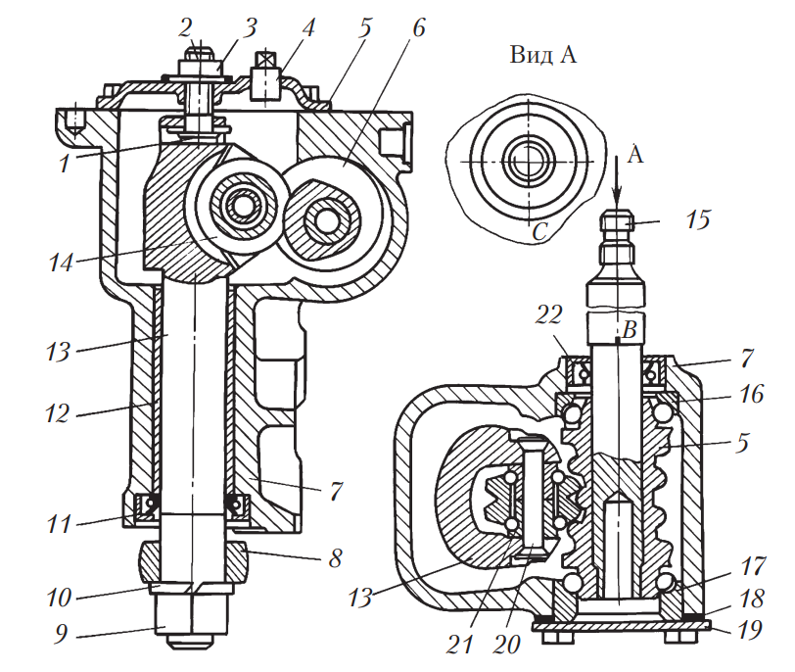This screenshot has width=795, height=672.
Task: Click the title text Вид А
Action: click(542, 54)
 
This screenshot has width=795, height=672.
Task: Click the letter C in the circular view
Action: click(538, 232)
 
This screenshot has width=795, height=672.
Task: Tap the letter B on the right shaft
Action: click(631, 330)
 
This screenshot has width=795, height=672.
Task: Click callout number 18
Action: click(753, 600)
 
